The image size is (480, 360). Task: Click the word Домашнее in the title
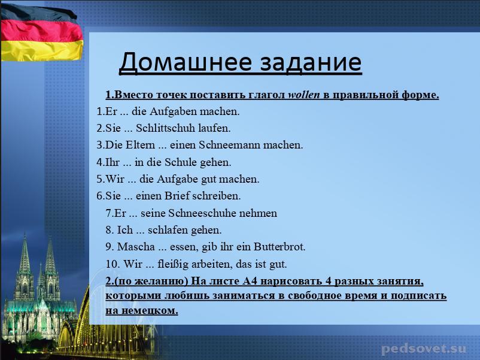[x=185, y=62]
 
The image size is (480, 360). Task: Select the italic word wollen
[x=304, y=95]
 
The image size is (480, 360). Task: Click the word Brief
[x=177, y=195]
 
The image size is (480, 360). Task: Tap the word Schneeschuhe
[x=202, y=213]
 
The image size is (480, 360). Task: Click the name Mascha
[x=136, y=247]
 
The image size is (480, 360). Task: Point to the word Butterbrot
[x=279, y=247]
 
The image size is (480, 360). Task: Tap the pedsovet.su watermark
[x=424, y=349]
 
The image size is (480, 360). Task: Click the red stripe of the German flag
[x=41, y=31]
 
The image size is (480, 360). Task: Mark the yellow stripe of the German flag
[x=41, y=50]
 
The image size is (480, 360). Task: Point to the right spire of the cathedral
[x=50, y=255]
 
